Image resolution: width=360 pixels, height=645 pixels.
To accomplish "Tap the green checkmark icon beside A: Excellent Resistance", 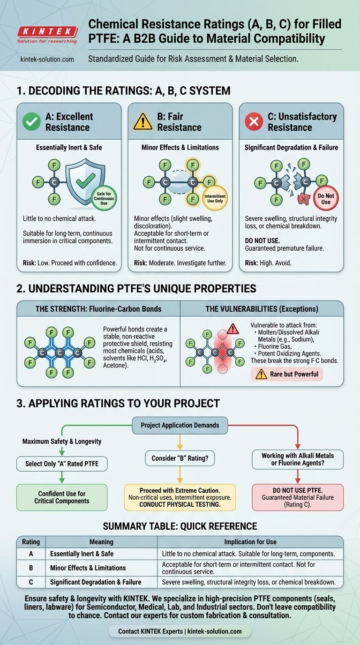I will pos(31,122).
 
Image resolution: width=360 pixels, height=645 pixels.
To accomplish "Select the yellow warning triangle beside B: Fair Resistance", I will pos(143,122).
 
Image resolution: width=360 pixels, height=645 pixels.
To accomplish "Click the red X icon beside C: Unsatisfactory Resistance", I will pos(254,122).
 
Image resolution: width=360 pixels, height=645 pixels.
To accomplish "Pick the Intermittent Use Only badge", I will pos(215,198).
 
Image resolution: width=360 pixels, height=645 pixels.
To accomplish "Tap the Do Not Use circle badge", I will pos(326,198).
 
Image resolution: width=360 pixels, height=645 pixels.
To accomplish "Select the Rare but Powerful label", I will pos(287,374).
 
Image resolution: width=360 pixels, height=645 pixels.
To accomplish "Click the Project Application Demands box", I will pos(180,425).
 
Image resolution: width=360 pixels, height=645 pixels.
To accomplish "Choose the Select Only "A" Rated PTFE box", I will pos(62,464).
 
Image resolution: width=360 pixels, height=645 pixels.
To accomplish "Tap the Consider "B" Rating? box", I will pos(180,458).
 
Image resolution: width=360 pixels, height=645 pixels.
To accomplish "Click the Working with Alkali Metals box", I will pos(298,459).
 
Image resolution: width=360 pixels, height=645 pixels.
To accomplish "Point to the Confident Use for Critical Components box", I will pos(61,497).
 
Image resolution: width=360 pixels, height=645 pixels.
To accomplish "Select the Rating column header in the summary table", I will pos(31,542).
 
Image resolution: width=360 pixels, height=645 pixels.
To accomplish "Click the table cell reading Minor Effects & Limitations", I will pos(88,568).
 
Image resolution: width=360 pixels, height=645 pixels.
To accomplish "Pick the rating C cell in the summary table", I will pos(31,582).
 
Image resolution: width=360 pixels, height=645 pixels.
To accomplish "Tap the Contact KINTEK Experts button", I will pos(180,631).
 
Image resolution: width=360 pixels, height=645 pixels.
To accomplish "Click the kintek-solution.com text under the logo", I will pos(47,60).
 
